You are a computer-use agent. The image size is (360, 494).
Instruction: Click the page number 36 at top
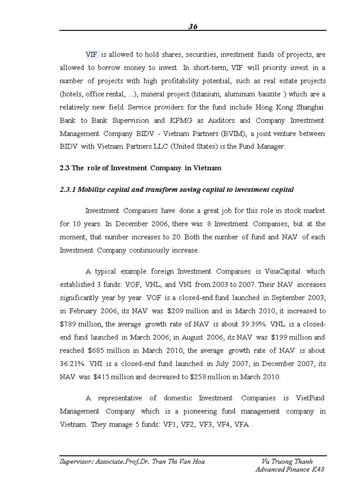point(193,27)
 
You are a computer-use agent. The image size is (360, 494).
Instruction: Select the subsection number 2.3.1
point(67,190)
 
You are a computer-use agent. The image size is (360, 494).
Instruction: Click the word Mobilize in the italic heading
point(95,190)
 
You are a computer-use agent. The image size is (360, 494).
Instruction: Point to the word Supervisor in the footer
point(76,462)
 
